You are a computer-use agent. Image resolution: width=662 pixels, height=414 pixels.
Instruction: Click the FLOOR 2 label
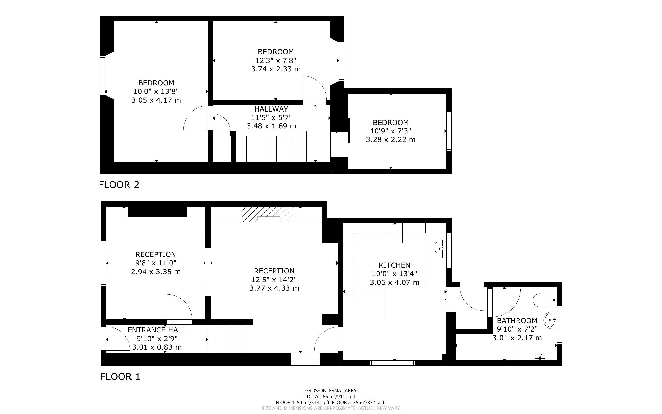(x=119, y=185)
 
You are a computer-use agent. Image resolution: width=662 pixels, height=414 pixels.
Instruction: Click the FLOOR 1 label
(x=120, y=377)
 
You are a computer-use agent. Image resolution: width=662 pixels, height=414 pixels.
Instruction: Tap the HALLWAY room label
(x=271, y=109)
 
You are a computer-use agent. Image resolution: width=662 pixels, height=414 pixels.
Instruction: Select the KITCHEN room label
(x=394, y=265)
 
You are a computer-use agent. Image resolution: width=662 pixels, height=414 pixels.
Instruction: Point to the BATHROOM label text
(x=517, y=320)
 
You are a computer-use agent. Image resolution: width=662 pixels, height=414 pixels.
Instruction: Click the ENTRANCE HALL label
(x=157, y=330)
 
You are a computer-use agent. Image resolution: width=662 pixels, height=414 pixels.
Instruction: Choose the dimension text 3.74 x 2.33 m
(x=276, y=69)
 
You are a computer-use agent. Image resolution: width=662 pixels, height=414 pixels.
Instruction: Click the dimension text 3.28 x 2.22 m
(x=391, y=140)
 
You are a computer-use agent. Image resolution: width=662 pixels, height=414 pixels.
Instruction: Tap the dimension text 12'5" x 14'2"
(x=274, y=280)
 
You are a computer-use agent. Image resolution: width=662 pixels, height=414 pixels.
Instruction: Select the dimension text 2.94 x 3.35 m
(x=156, y=272)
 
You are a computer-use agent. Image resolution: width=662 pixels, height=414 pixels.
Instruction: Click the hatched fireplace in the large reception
(x=269, y=214)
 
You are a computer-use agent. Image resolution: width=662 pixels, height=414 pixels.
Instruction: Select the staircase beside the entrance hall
(x=230, y=339)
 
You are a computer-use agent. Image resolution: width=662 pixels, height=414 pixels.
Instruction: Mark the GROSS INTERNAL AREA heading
(x=331, y=391)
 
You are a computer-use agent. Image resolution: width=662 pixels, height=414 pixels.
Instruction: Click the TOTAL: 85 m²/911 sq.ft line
(x=331, y=396)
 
